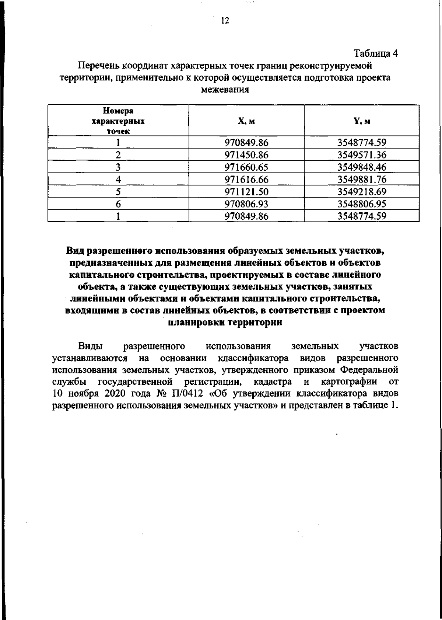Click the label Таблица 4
click(x=376, y=53)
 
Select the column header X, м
click(x=246, y=121)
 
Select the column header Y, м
click(x=362, y=121)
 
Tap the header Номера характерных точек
click(x=118, y=121)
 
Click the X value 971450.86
click(x=246, y=155)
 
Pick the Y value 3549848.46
click(x=362, y=167)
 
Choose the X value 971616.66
click(x=246, y=180)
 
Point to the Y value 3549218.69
click(x=362, y=192)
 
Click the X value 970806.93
click(x=246, y=204)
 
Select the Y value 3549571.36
click(x=362, y=155)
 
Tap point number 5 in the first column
click(x=118, y=192)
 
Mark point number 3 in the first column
click(x=118, y=167)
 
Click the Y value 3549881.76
click(x=362, y=180)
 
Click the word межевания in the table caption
click(x=225, y=90)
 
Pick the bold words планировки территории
click(x=225, y=322)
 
